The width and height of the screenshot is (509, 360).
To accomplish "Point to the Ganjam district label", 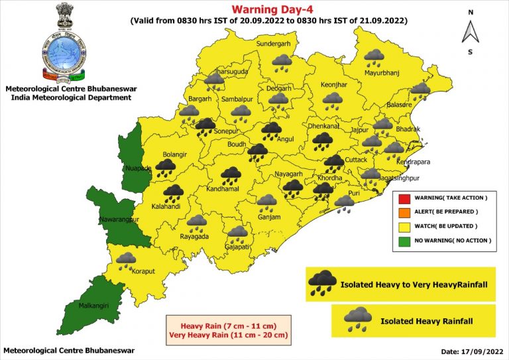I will (269, 217).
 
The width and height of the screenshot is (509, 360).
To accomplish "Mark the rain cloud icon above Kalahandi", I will (173, 193).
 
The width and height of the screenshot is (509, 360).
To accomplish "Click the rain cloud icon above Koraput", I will (126, 259).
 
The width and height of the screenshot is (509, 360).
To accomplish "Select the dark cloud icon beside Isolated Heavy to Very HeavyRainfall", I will (321, 282).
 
